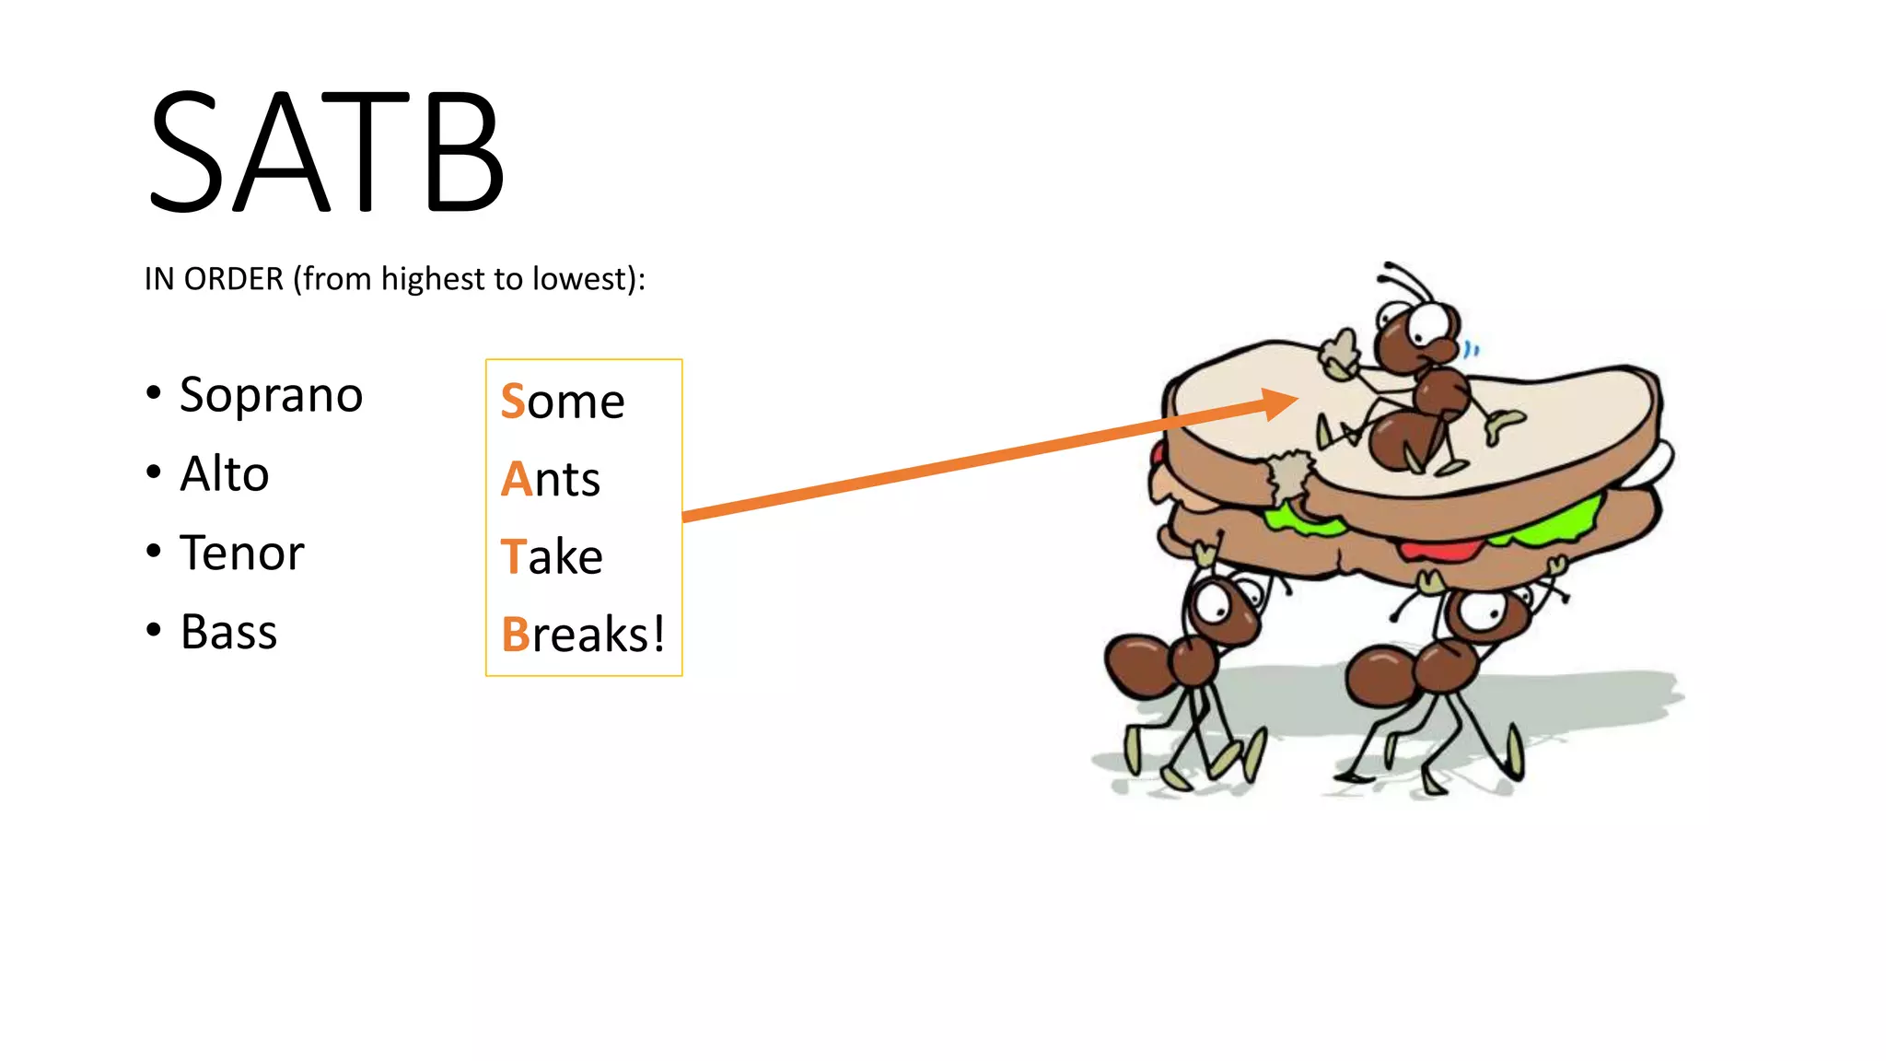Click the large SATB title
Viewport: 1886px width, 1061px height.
326,152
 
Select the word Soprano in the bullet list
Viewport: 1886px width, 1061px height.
271,396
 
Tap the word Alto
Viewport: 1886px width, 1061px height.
224,474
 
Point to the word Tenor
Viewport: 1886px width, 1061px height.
241,554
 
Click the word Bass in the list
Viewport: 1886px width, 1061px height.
228,632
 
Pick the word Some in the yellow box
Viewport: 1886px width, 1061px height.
563,402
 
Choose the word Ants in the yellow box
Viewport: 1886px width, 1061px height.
551,479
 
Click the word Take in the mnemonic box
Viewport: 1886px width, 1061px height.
552,557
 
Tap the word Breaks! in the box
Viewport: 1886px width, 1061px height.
583,635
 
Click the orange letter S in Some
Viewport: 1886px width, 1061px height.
513,402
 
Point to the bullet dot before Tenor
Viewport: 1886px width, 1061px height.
154,552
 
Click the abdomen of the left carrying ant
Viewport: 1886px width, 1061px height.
1136,665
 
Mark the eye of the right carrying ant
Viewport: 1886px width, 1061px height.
1482,612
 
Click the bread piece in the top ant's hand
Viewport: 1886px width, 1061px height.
1339,356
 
